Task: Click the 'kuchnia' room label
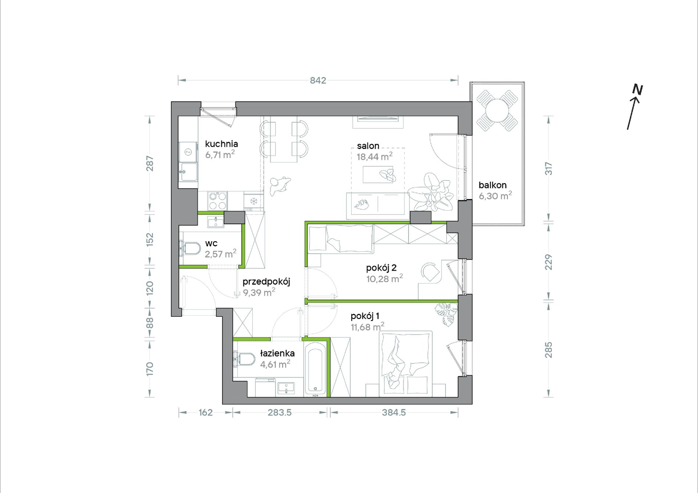point(221,144)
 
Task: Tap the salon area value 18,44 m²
point(374,156)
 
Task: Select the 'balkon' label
point(493,185)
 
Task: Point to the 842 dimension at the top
point(318,80)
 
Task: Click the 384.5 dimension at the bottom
point(394,413)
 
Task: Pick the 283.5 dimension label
point(280,413)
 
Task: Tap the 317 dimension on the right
point(548,168)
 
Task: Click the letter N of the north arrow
point(637,90)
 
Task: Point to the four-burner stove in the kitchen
point(217,201)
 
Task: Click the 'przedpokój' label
point(266,282)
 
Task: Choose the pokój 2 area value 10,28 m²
point(384,279)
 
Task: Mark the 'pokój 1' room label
point(365,316)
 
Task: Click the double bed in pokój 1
point(406,364)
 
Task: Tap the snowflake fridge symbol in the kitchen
point(253,201)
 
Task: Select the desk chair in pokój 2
point(430,272)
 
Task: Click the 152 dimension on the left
point(150,239)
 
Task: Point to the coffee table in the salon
point(378,174)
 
